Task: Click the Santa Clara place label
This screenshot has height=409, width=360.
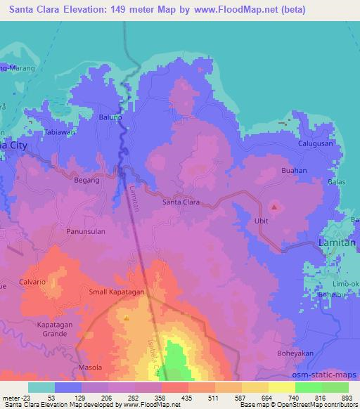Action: [x=181, y=202]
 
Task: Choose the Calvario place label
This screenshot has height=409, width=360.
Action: [x=33, y=282]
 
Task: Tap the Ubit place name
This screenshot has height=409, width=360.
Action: [x=261, y=221]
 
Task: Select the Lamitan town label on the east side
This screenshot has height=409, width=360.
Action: [x=337, y=242]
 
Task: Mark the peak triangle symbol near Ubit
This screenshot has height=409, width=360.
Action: [x=274, y=207]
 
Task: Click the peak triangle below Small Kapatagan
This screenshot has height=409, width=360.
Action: [x=127, y=318]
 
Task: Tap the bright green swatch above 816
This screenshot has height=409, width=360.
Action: [x=308, y=387]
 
